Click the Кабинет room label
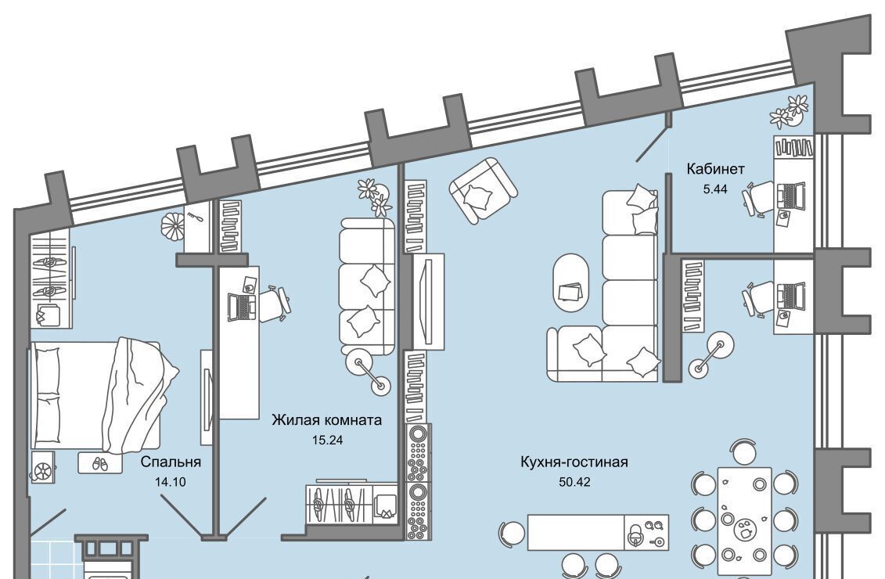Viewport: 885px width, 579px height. [x=715, y=169]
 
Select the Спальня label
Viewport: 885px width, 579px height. [x=171, y=462]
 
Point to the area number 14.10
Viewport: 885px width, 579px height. [x=171, y=481]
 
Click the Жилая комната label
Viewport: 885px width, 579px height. [x=326, y=420]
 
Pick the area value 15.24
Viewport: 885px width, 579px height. [x=327, y=440]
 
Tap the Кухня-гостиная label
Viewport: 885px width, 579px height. [x=574, y=462]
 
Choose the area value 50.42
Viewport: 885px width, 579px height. [x=574, y=482]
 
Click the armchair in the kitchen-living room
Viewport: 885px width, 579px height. [x=482, y=190]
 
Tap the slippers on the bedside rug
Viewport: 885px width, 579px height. [x=100, y=463]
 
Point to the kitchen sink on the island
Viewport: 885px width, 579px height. [x=646, y=533]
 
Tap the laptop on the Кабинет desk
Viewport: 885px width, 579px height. [x=791, y=195]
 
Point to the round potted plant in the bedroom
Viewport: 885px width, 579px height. [x=173, y=227]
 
